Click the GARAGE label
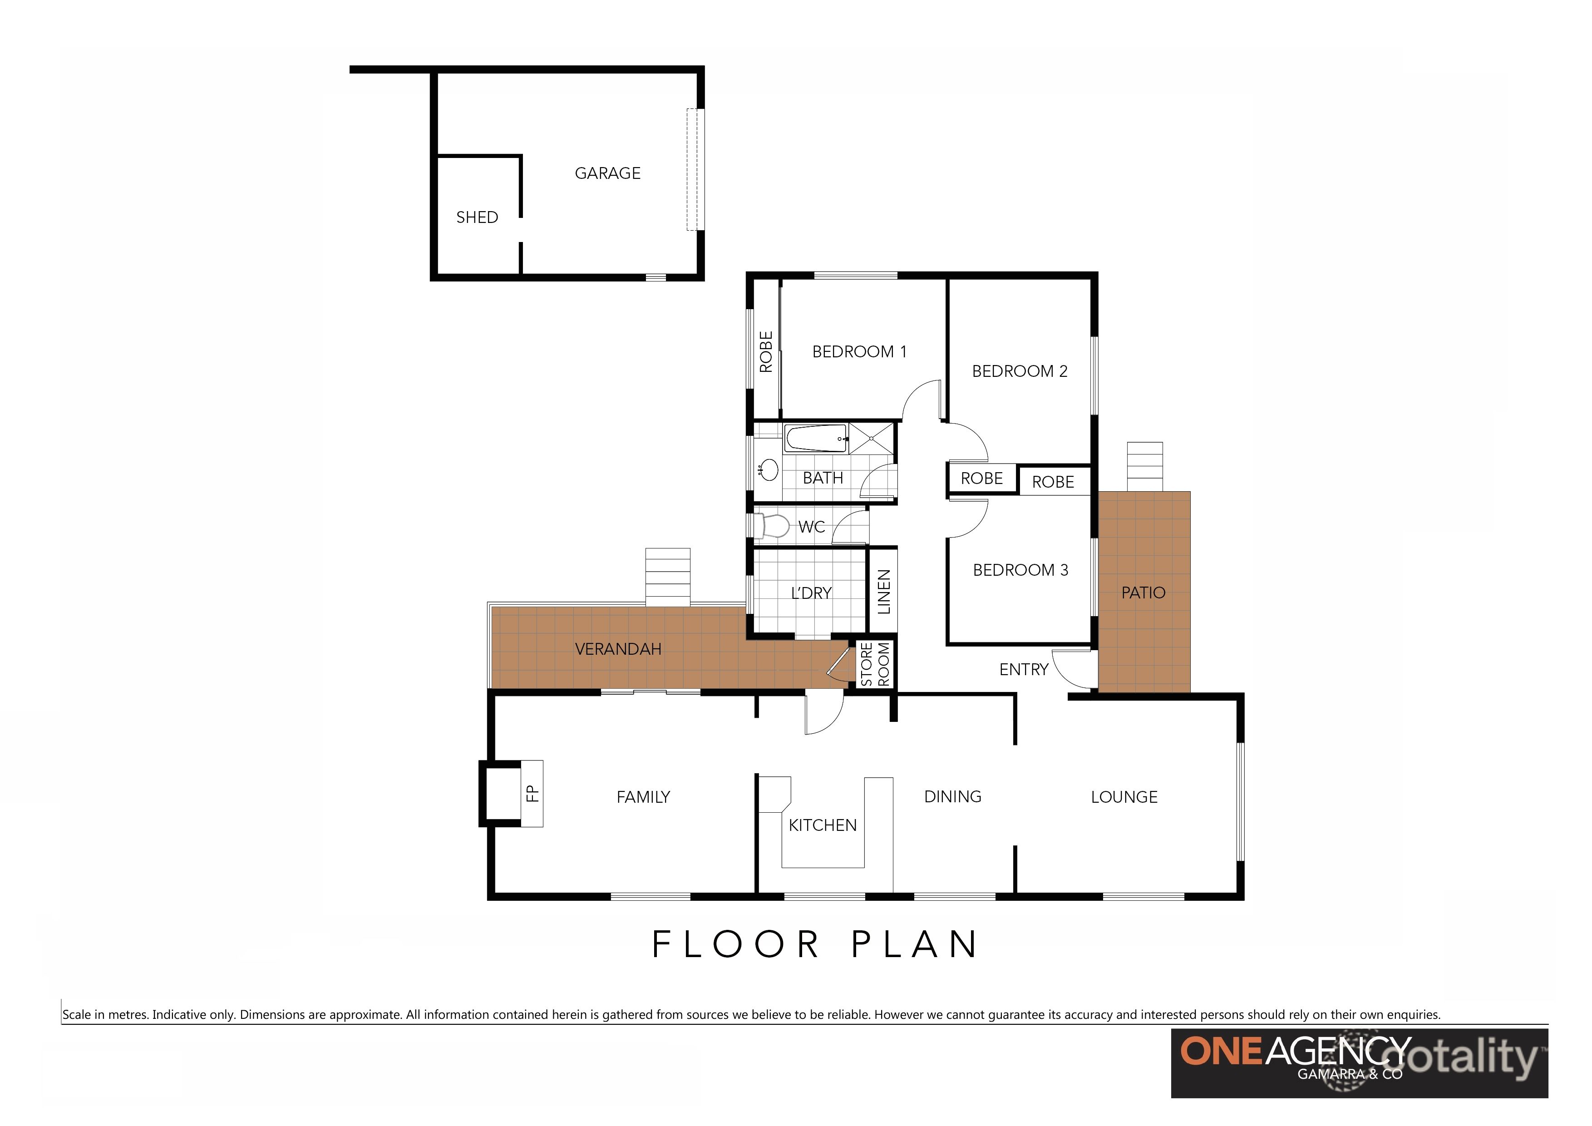(607, 173)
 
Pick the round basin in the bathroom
(769, 470)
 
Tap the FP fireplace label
(532, 793)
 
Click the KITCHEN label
(823, 825)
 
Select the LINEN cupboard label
(883, 592)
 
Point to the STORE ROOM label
(875, 664)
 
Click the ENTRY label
(1023, 670)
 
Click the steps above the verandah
(668, 577)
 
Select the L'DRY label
(811, 593)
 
